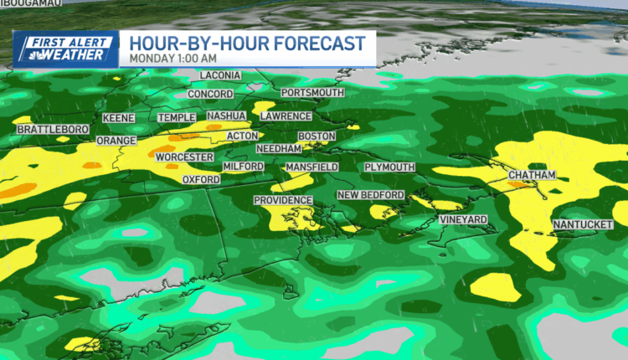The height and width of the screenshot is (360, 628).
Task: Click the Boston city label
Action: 317,136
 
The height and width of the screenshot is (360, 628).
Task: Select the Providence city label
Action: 283,201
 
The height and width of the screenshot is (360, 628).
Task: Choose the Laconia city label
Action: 220,75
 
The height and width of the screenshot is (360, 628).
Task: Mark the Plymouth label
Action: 389,167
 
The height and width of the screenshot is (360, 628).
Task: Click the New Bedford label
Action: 370,195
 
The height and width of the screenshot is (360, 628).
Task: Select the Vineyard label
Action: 463,219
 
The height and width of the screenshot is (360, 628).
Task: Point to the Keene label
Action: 119,118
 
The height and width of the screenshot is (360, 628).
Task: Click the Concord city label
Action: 210,94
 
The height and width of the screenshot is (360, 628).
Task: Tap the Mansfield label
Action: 311,167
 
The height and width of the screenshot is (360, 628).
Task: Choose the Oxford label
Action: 201,179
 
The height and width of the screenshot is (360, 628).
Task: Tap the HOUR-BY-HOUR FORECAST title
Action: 246,42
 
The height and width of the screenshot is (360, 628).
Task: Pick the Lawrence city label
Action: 286,116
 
